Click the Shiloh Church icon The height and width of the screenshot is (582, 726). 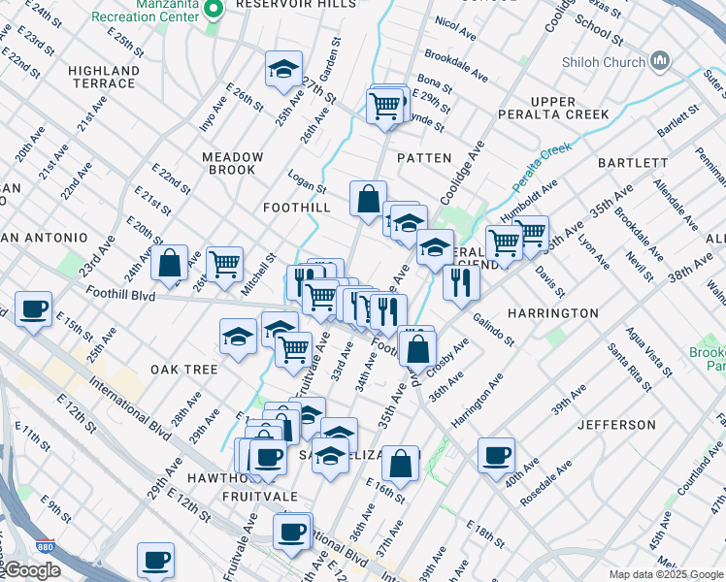coord(660,62)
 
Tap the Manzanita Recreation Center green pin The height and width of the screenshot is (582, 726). coord(216,9)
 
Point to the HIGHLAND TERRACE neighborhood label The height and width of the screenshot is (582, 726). coord(104,78)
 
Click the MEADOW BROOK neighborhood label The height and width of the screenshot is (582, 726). coord(233,163)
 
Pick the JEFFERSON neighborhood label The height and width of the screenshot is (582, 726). coord(616,425)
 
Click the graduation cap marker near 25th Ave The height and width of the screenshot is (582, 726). coord(283,69)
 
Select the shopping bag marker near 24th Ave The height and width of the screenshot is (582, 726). coord(169,263)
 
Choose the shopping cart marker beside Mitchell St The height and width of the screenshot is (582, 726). coord(224,262)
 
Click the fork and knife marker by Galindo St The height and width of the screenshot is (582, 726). coord(461,282)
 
